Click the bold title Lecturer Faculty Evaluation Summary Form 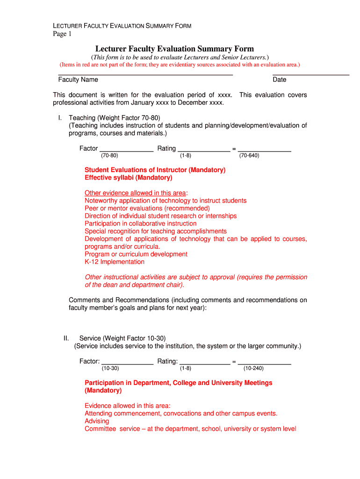174,49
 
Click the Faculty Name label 78,80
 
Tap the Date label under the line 280,80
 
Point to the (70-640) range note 249,156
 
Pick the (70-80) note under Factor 109,156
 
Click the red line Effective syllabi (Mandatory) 128,178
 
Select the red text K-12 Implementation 115,262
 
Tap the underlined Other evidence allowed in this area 135,193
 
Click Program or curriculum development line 136,254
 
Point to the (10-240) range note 253,369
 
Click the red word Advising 97,421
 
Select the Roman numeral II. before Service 66,338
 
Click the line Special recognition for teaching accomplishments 156,231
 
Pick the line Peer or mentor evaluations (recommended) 147,208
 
